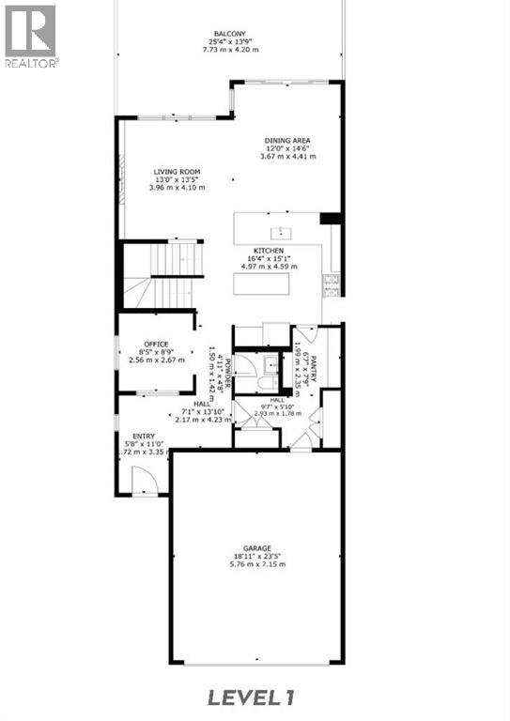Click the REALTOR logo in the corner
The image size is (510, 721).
[x=31, y=35]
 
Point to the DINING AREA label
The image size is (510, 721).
[x=287, y=141]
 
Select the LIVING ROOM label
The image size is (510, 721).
[x=177, y=172]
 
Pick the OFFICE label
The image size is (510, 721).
[x=155, y=345]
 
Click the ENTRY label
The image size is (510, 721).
[x=144, y=436]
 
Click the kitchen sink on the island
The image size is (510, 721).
[x=279, y=231]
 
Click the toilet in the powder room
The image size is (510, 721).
[x=269, y=382]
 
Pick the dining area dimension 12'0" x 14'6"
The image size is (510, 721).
[x=287, y=148]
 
